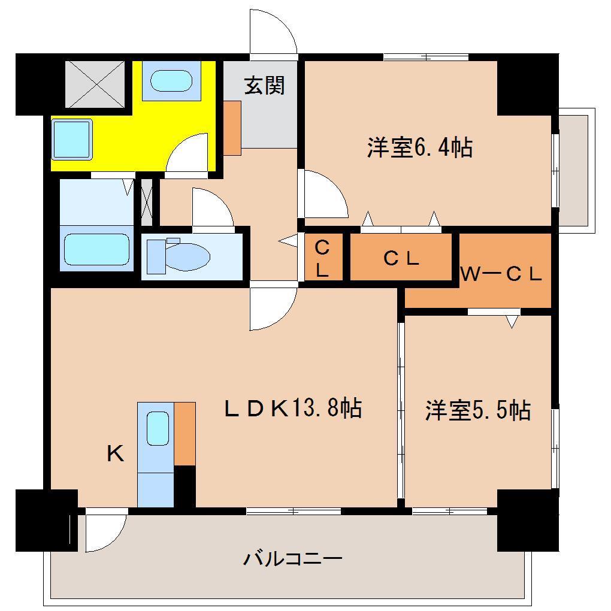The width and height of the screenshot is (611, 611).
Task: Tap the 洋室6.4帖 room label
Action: pos(419,147)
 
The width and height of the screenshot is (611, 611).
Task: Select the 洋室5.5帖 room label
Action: pos(477,411)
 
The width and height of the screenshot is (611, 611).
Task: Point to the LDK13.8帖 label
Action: pos(292,409)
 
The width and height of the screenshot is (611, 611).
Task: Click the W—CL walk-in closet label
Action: pos(501,274)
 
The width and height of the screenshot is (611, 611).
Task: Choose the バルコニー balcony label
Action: pos(292,559)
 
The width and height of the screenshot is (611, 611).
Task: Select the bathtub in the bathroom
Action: pos(96,249)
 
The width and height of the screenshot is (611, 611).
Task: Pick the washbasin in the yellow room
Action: pos(170,80)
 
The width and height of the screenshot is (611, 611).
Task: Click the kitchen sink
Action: pos(157,428)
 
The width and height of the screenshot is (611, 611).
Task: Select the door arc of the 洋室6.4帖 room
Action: pos(323,195)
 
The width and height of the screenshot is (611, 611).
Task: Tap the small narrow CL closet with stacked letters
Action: pos(322,258)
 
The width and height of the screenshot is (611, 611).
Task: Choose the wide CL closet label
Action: pos(400,259)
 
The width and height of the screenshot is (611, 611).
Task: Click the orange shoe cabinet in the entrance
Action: pos(232,127)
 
